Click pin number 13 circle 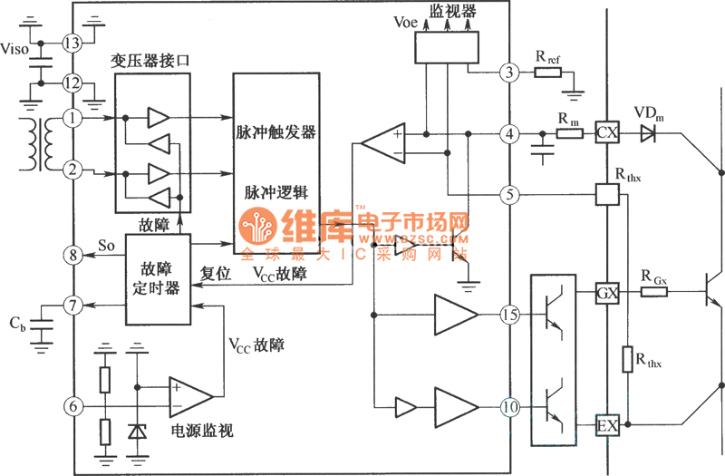72,43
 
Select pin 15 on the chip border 510,315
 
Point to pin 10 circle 510,407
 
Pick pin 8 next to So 72,257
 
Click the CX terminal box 605,134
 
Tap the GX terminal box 605,294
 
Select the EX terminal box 605,423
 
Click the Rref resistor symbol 548,73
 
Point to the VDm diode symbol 647,134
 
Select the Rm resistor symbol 568,134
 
